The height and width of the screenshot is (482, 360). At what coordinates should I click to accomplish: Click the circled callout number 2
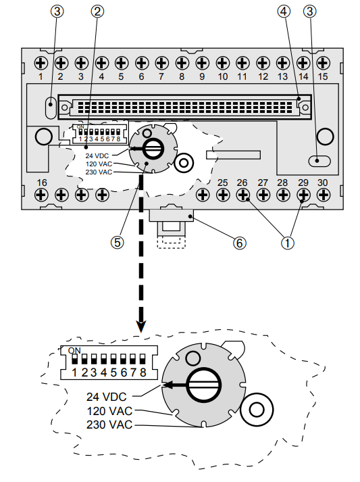point(98,11)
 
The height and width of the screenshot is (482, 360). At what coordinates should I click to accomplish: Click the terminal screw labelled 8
point(182,63)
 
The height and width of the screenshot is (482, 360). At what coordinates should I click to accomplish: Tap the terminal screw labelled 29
point(303,195)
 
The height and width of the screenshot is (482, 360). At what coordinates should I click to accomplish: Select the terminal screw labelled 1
point(41,63)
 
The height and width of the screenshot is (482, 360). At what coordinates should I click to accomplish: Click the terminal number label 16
point(41,183)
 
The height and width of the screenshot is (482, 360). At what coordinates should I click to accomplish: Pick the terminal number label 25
point(222,183)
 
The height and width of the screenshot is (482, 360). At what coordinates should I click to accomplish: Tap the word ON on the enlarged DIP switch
point(75,351)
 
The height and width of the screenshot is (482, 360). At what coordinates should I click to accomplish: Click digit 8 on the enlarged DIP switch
point(143,372)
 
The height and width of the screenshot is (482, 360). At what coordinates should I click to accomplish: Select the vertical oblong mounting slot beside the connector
point(51,106)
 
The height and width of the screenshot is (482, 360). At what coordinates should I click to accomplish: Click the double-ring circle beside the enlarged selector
point(257,410)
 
